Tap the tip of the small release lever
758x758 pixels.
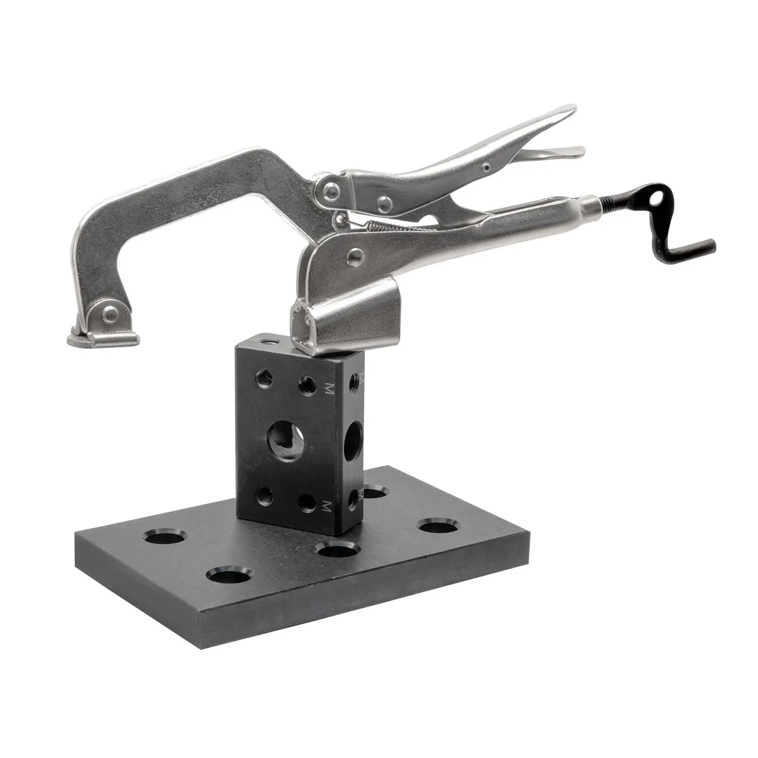tap(576, 151)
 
